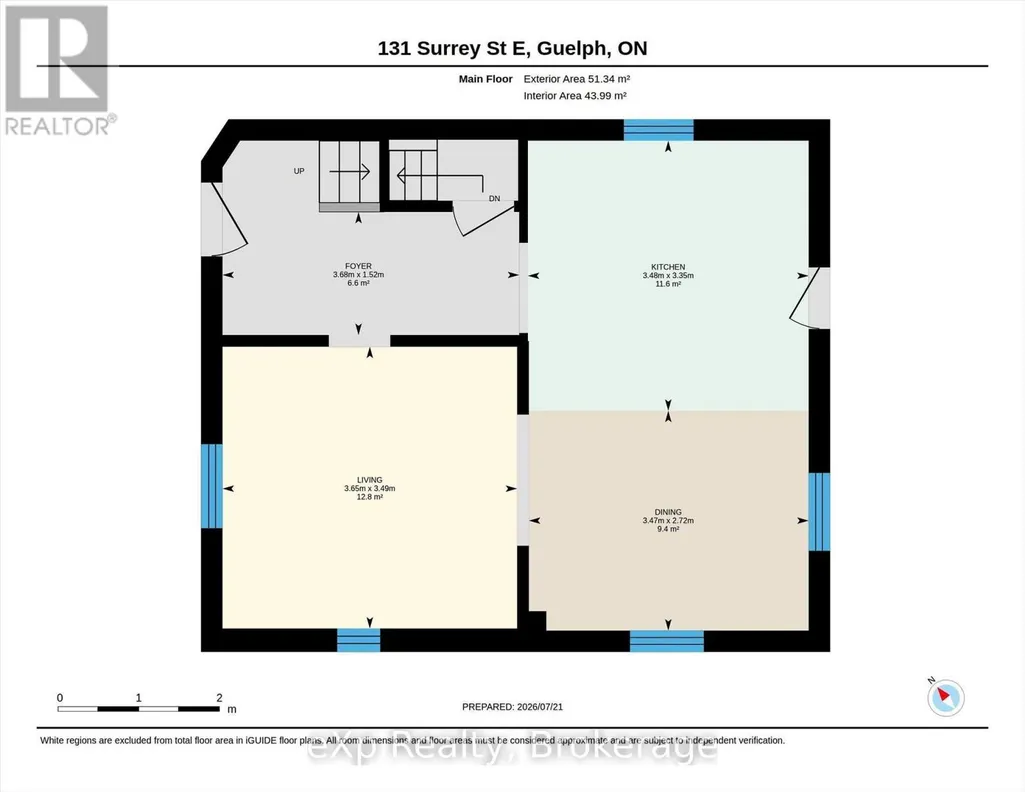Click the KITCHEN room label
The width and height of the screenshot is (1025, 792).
(668, 267)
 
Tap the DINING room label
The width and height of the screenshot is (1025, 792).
(668, 512)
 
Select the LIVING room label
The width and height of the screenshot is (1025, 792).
(369, 480)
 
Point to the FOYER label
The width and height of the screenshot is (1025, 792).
(358, 266)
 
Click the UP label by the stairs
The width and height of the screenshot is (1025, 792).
(299, 171)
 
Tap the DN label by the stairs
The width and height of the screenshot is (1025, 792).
(494, 199)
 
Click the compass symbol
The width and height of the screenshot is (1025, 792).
(945, 697)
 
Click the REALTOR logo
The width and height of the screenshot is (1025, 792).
(59, 71)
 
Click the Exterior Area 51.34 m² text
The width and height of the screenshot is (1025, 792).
(577, 79)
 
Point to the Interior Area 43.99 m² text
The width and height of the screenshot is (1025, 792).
(575, 95)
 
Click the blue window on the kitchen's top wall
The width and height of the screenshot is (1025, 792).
(658, 130)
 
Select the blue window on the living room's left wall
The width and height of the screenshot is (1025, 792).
(212, 486)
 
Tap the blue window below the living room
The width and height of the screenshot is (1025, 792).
(358, 640)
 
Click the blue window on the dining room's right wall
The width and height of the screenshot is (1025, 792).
(819, 512)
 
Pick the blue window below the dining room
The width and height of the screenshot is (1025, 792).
(667, 641)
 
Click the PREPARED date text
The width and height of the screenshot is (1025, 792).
(512, 706)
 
